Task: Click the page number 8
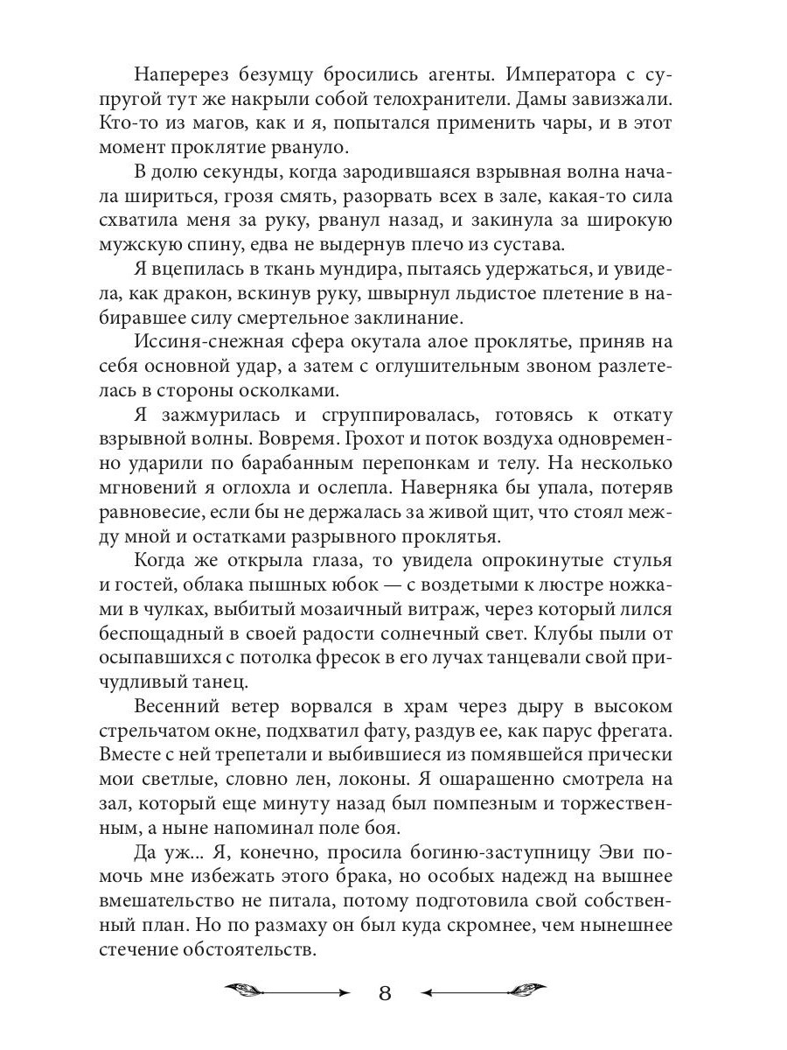(x=386, y=992)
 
